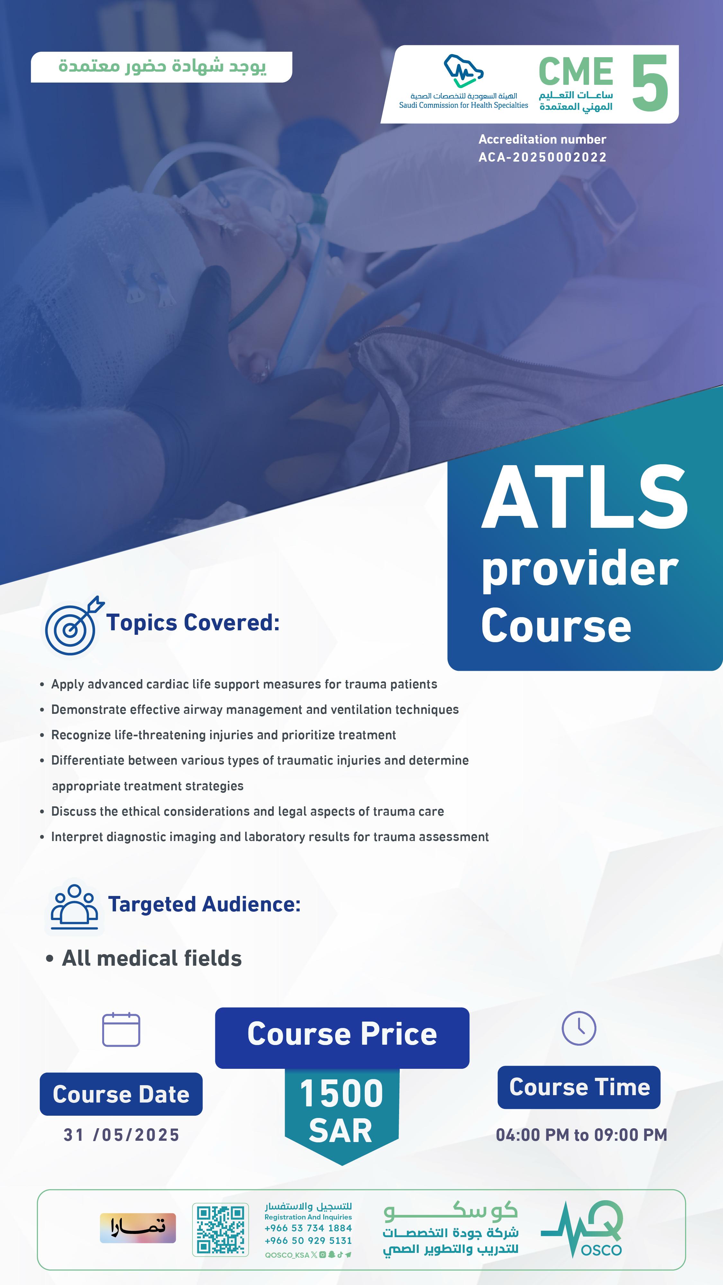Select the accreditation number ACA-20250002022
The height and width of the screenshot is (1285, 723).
point(542,157)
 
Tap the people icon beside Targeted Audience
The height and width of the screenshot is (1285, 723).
point(74,907)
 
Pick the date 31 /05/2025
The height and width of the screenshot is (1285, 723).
point(121,1135)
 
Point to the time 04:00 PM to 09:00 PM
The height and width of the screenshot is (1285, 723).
point(581,1135)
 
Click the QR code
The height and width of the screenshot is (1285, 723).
point(220,1230)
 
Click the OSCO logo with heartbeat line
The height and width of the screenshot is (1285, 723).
point(582,1229)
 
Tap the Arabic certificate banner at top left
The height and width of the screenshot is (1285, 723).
point(162,67)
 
